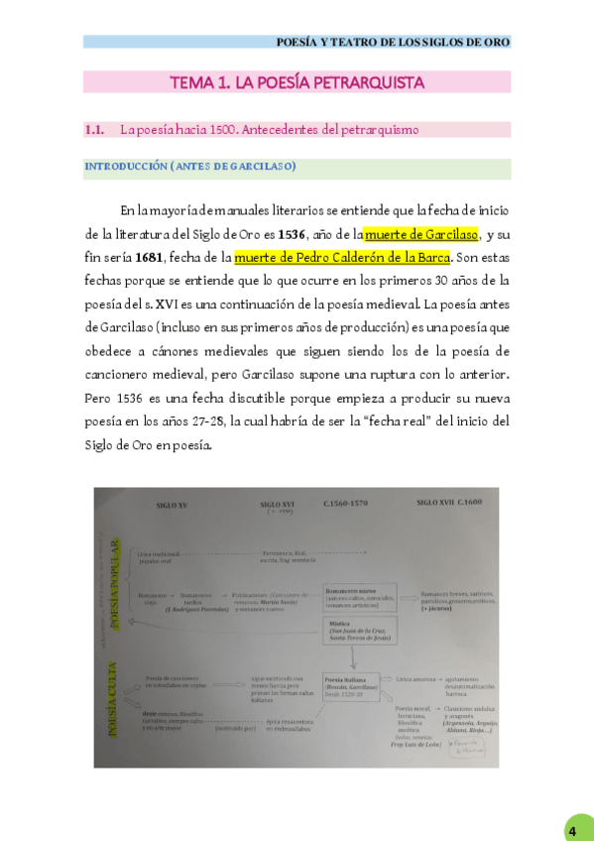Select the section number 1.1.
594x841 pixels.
95,129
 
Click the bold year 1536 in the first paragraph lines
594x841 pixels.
292,235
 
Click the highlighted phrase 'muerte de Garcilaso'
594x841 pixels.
420,235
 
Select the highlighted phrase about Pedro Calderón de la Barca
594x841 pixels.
342,258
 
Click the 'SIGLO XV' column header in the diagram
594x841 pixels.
172,506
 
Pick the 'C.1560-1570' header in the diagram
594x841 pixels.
345,504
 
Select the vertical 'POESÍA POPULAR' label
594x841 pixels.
116,584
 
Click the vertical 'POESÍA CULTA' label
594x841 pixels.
112,699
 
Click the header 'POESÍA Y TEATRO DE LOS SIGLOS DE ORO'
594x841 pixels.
393,43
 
